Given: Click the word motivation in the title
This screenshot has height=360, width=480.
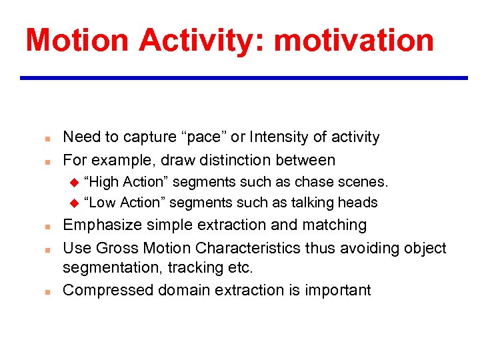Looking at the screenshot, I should (353, 40).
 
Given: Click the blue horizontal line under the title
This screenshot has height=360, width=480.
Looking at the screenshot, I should (243, 78).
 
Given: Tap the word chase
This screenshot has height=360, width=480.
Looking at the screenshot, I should (312, 182).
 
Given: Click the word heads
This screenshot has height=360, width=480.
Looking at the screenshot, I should (360, 203).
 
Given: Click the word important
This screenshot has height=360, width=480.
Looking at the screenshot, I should (337, 290).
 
